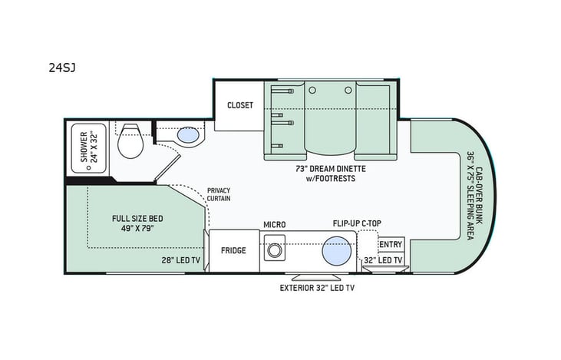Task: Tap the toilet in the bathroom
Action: tap(130, 140)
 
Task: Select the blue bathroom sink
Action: tap(186, 136)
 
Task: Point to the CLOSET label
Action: tap(239, 105)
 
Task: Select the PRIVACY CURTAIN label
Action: tap(218, 194)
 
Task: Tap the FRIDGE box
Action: tap(233, 250)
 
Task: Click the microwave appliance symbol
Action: tap(272, 250)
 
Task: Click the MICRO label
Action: tap(275, 224)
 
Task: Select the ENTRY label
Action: tap(391, 245)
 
